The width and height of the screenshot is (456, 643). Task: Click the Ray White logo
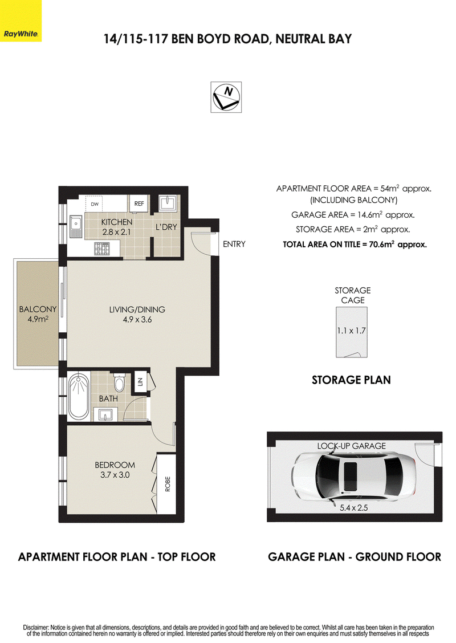[x=21, y=21]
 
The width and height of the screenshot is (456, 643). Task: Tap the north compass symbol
[x=226, y=97]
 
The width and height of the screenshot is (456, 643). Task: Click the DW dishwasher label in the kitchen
[x=94, y=204]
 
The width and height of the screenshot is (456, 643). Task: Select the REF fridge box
[x=139, y=204]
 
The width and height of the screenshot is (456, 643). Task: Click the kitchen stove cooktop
[x=101, y=249]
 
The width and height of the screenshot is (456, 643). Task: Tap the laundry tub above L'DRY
[x=168, y=204]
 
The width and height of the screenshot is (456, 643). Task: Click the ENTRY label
[x=234, y=244]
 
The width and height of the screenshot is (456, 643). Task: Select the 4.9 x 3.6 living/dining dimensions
[x=137, y=319]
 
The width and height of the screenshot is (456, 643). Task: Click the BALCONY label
[x=38, y=309]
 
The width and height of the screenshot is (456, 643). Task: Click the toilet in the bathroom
[x=119, y=382]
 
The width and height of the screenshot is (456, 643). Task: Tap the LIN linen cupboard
[x=140, y=382]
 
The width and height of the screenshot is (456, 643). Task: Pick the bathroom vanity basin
[x=106, y=414]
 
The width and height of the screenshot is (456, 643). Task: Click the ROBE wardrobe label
[x=168, y=484]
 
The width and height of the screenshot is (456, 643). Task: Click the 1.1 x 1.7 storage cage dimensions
[x=352, y=331]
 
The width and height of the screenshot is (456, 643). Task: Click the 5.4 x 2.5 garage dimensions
[x=354, y=508]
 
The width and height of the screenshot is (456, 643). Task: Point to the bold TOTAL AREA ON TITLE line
[x=355, y=245]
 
